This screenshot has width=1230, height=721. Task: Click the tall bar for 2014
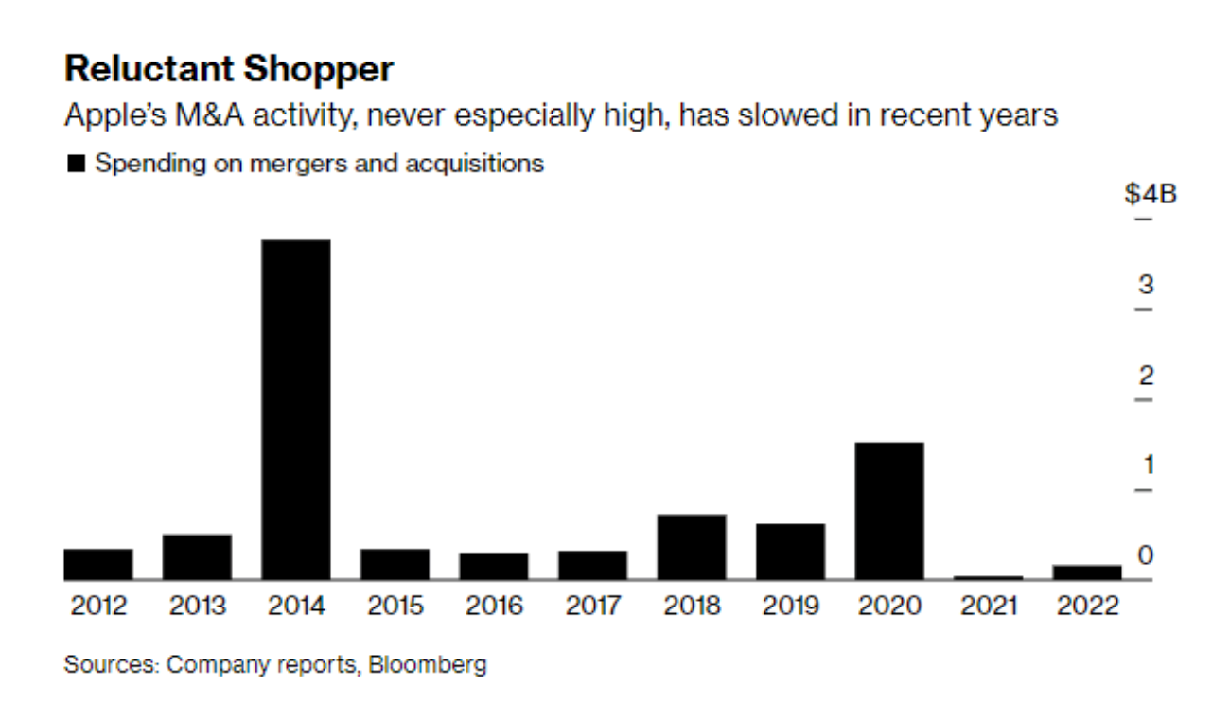[x=296, y=409]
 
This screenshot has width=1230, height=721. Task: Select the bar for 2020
[x=888, y=510]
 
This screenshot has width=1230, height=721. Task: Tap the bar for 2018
[x=692, y=546]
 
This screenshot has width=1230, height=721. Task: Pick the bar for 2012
[x=98, y=564]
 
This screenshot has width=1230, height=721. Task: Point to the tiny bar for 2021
[x=988, y=576]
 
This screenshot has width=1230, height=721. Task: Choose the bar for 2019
[x=790, y=551]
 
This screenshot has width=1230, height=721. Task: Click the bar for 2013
[x=197, y=556]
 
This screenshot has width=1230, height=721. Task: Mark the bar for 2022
[x=1087, y=572]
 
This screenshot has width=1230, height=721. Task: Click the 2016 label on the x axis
[x=494, y=606]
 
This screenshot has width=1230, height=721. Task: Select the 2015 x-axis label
[x=395, y=606]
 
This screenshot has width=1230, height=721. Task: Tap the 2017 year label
[x=592, y=606]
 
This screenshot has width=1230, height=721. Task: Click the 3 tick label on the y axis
[x=1146, y=285]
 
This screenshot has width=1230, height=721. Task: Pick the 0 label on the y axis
[x=1146, y=555]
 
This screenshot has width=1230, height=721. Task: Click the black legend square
[x=76, y=164]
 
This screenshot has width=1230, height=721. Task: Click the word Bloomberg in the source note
[x=428, y=664]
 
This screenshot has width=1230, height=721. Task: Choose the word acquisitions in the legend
[x=475, y=163]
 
